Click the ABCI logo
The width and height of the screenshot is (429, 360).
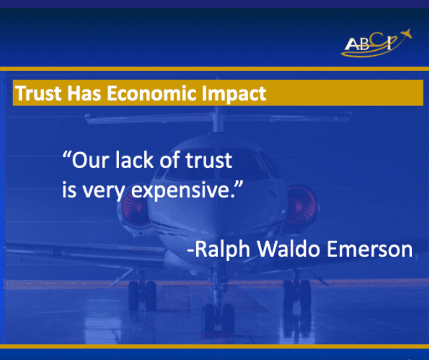(376, 43)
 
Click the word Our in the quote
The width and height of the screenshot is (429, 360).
(90, 160)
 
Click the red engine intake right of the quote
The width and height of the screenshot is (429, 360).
(300, 205)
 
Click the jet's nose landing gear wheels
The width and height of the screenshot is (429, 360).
(218, 318)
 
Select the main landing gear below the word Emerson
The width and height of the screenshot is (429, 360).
(297, 295)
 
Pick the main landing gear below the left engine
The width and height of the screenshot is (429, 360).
(142, 295)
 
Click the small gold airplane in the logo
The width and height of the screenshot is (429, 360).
(406, 34)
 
